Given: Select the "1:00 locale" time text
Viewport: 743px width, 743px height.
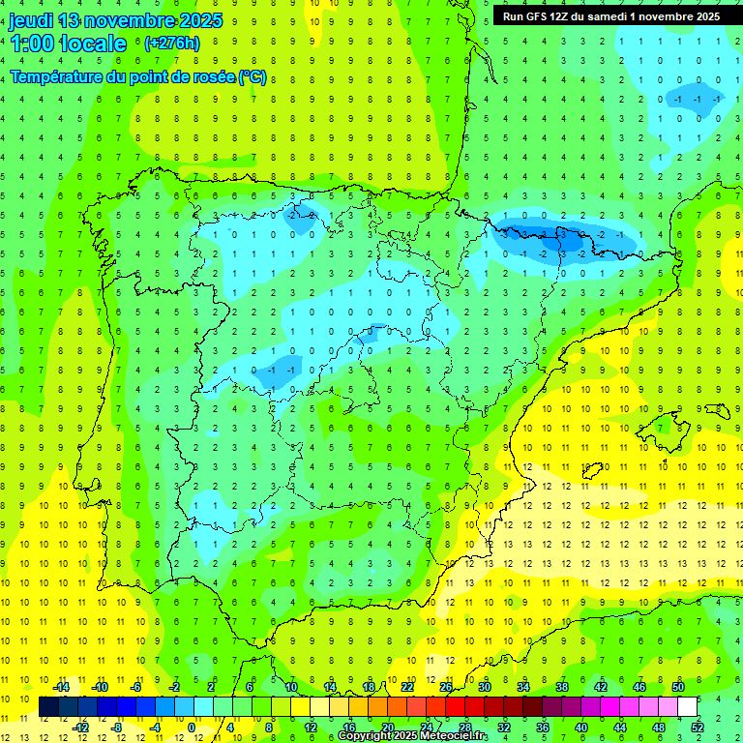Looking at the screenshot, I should click(68, 44).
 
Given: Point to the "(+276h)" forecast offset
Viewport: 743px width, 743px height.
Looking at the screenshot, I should click(171, 44).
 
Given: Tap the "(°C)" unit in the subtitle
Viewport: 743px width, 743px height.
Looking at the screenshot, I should click(253, 77).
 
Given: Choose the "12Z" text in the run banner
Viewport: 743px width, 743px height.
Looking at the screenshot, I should click(563, 16).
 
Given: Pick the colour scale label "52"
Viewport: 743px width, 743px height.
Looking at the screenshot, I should click(698, 728).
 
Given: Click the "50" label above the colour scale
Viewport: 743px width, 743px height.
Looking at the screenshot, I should click(678, 687).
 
